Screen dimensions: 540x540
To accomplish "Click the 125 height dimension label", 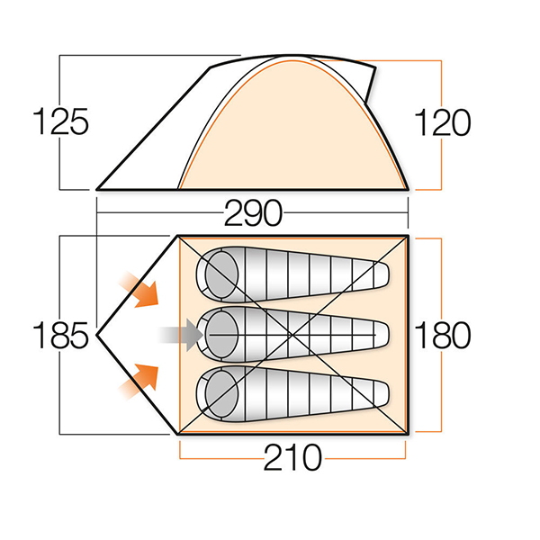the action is pyautogui.click(x=60, y=121).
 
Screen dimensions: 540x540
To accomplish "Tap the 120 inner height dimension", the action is pyautogui.click(x=443, y=122).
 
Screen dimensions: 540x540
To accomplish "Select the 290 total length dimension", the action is pyautogui.click(x=253, y=213).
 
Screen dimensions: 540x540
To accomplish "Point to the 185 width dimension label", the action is pyautogui.click(x=60, y=335).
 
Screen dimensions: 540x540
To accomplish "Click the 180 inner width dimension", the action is pyautogui.click(x=443, y=335).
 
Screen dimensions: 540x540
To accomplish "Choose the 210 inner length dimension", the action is pyautogui.click(x=292, y=458).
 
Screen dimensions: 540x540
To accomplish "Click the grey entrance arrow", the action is pyautogui.click(x=181, y=335).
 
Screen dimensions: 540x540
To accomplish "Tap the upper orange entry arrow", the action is pyautogui.click(x=139, y=289).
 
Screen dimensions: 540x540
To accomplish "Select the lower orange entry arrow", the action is pyautogui.click(x=139, y=382).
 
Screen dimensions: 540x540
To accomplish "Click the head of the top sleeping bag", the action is pyautogui.click(x=221, y=274).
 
